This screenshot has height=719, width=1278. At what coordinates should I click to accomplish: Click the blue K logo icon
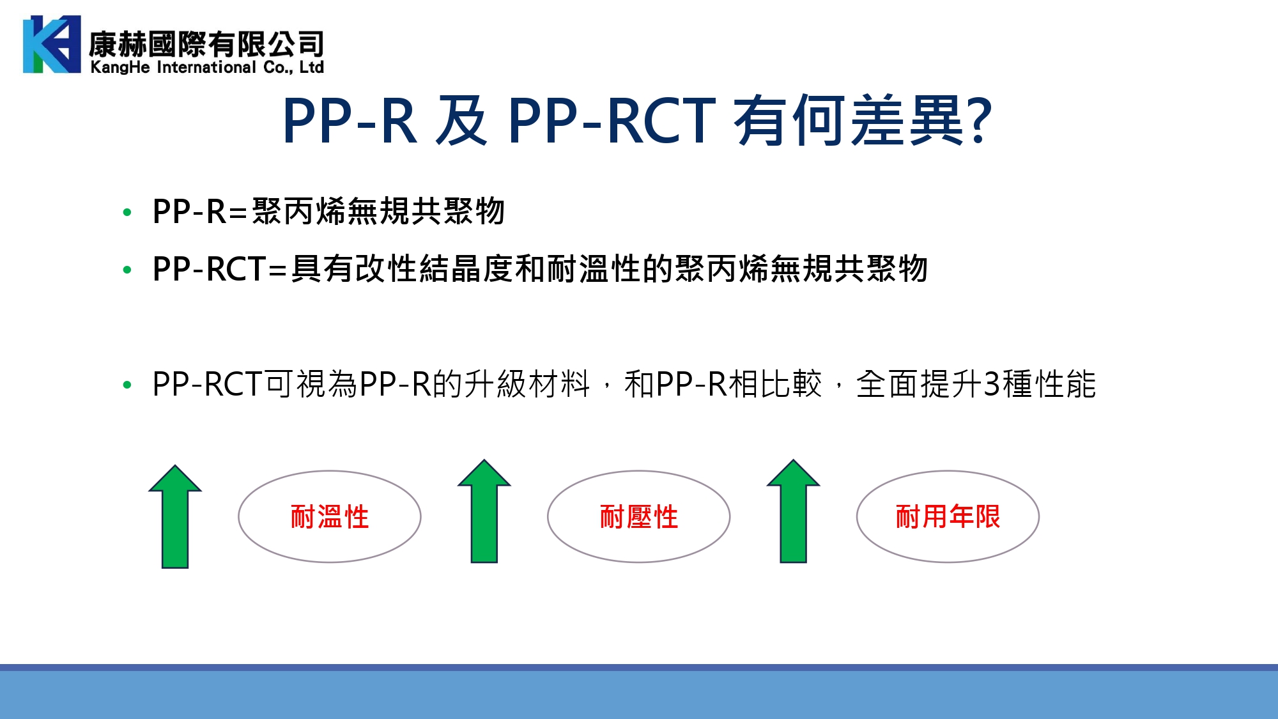(52, 44)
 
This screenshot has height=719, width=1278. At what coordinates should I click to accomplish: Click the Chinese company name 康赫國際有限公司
(206, 44)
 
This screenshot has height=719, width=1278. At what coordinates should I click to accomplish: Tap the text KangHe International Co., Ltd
(207, 67)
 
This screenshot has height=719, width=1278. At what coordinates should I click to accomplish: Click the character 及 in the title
(461, 120)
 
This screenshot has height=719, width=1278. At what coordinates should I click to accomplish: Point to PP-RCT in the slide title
(612, 120)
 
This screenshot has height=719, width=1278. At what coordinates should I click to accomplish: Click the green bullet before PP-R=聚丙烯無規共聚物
(127, 212)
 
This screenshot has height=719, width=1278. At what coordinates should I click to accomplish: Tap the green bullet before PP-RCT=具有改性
(127, 270)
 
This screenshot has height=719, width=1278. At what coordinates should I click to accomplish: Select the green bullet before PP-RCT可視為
(127, 385)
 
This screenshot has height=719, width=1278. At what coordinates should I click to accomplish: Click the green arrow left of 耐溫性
(175, 516)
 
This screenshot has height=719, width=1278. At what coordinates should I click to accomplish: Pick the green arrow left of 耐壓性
(484, 511)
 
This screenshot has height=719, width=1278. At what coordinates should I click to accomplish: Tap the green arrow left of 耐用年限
(794, 511)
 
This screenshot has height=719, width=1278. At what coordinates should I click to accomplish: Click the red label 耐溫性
(330, 516)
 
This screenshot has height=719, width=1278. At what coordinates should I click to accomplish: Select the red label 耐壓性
(639, 516)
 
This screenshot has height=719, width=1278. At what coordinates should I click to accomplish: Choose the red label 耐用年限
(948, 516)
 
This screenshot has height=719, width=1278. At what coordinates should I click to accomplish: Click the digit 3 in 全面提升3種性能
(992, 384)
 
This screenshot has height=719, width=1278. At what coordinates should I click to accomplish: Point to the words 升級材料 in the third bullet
(527, 384)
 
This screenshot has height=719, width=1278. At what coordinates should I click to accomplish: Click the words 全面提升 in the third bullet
(919, 384)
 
